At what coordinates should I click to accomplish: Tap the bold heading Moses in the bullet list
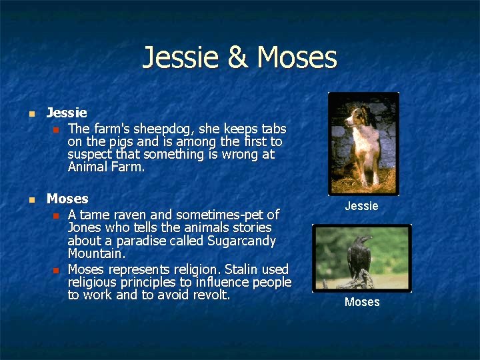coord(67,199)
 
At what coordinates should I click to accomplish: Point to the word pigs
coord(117,142)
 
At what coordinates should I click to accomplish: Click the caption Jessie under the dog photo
coord(361,206)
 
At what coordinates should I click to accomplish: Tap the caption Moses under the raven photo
coord(362,302)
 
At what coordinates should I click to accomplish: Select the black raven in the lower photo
coord(360,256)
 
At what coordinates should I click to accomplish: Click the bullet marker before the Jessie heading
coord(29,114)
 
